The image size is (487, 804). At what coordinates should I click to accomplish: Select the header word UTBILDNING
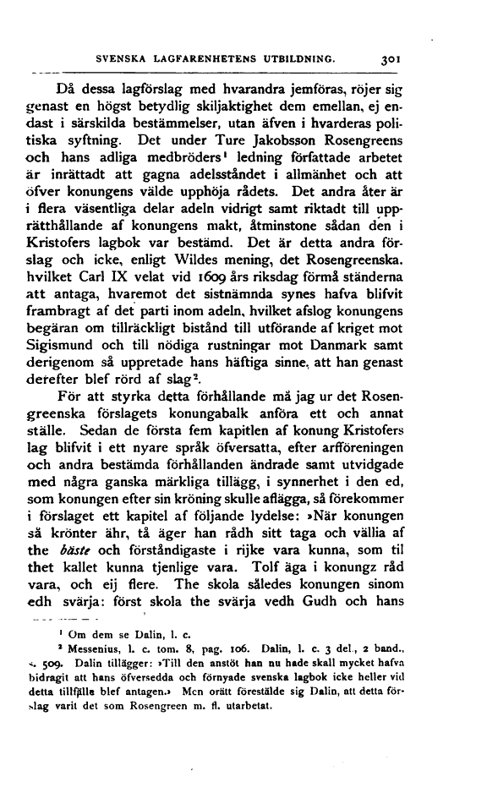[302, 60]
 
